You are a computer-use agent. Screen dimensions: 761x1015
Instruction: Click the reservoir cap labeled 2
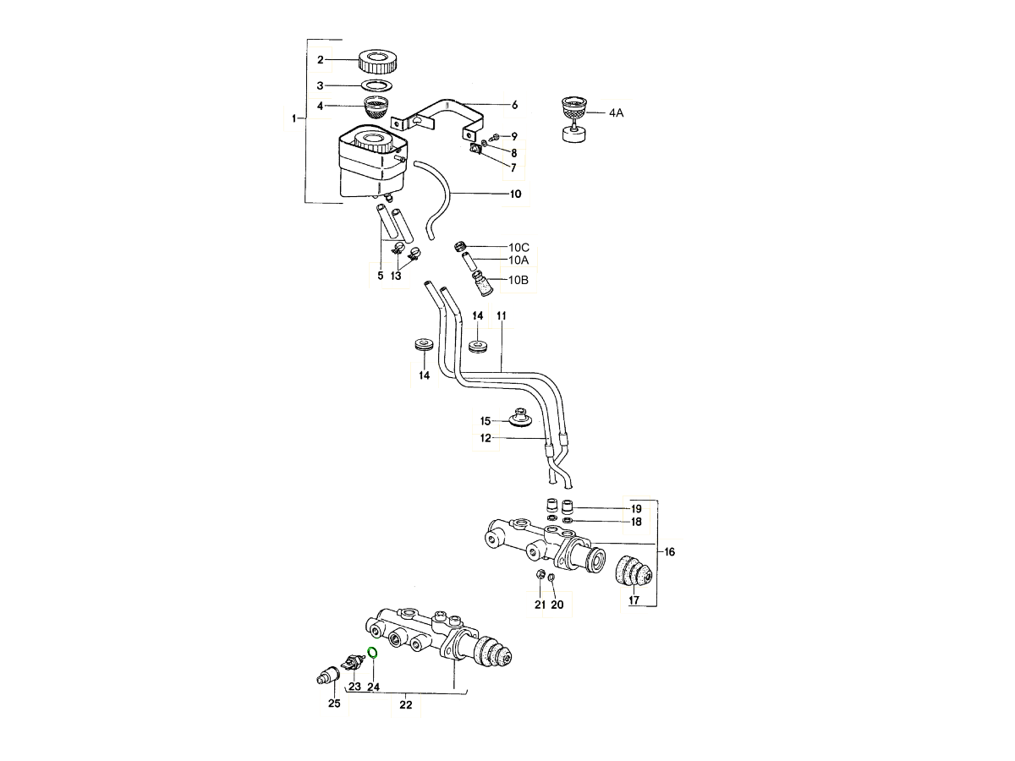pyautogui.click(x=378, y=61)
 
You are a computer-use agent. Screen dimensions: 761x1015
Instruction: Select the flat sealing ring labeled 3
pyautogui.click(x=377, y=85)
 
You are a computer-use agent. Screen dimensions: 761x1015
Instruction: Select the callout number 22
pyautogui.click(x=406, y=706)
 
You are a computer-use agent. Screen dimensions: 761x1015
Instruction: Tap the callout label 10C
pyautogui.click(x=518, y=247)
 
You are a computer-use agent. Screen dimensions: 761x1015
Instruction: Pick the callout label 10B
pyautogui.click(x=518, y=280)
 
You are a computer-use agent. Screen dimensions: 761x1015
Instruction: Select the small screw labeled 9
pyautogui.click(x=497, y=136)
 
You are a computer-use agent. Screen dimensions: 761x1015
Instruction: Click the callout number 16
pyautogui.click(x=669, y=552)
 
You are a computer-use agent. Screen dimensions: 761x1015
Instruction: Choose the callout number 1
pyautogui.click(x=294, y=119)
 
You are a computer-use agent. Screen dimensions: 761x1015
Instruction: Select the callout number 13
pyautogui.click(x=396, y=276)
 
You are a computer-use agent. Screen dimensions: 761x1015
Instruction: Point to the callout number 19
pyautogui.click(x=636, y=509)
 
